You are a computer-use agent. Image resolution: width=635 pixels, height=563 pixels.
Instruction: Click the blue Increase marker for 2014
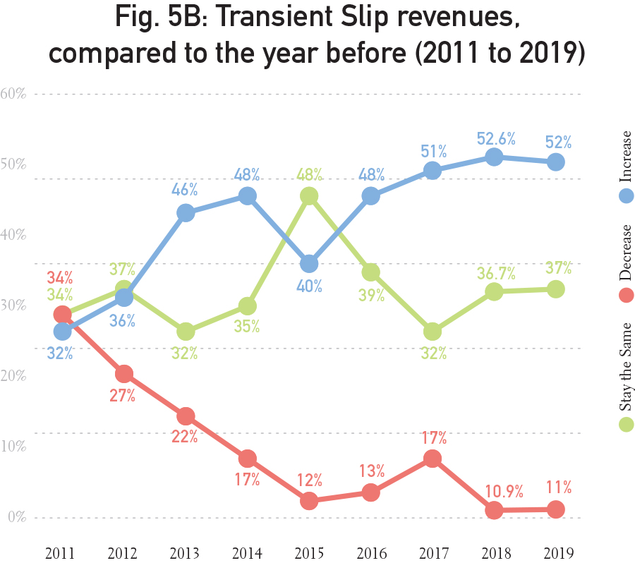click(247, 196)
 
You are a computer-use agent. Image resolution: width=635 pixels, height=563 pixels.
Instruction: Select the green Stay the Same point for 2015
click(309, 196)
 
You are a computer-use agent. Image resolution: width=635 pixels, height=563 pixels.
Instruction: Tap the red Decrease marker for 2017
click(433, 459)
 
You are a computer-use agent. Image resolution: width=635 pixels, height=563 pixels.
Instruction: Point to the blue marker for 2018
click(494, 157)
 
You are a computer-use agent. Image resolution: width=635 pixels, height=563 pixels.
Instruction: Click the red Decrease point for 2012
click(123, 374)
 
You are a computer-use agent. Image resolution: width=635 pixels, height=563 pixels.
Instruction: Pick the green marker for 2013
click(186, 332)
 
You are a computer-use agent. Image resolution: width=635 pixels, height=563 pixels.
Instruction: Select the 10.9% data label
click(494, 490)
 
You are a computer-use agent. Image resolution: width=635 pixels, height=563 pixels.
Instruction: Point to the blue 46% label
click(186, 190)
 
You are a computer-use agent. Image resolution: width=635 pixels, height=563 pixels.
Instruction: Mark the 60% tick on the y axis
click(13, 94)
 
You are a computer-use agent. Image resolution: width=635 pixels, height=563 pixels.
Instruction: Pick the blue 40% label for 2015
click(309, 286)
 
